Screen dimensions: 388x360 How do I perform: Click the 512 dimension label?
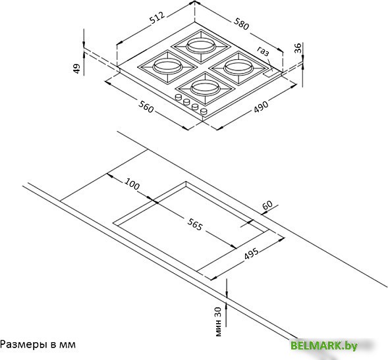point(157,18)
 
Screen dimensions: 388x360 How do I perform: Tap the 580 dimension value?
point(241,24)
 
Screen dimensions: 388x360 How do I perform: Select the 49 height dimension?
point(77,68)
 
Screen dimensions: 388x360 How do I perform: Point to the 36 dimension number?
point(298,48)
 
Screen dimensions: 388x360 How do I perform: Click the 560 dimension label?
point(146,107)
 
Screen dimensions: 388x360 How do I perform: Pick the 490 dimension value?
point(261,107)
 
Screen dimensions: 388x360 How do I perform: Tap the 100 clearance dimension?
point(132,184)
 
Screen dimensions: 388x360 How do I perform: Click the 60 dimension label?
point(267,205)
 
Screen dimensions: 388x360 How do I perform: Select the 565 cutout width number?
point(195,224)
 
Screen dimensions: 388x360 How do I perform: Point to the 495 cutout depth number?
point(251,253)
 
